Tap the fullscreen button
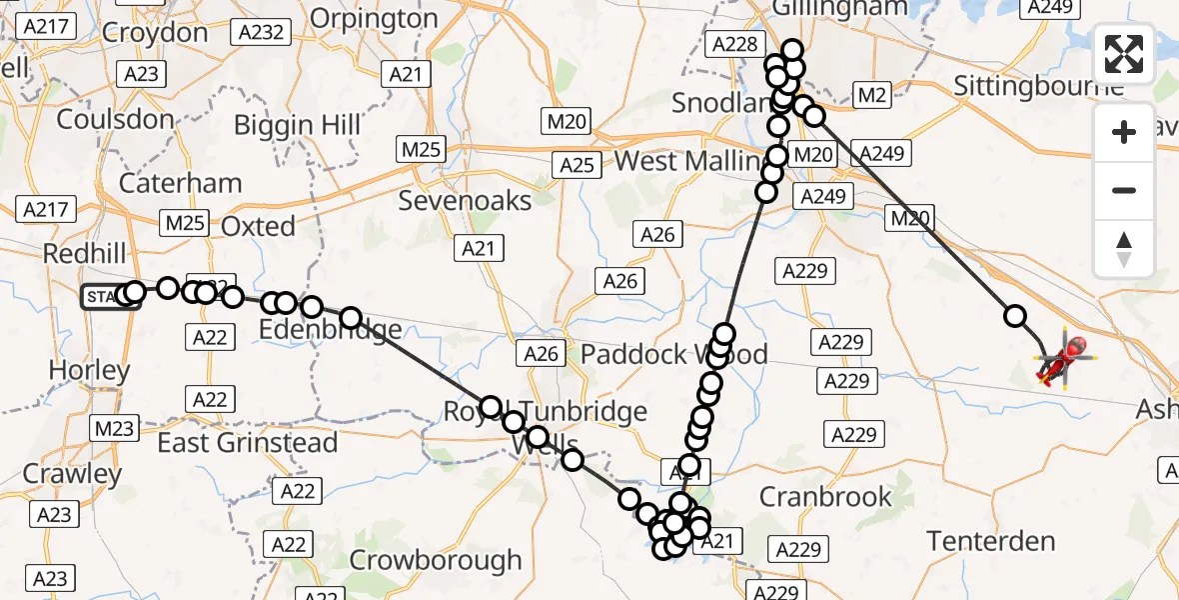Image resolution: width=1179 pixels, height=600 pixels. (x=1124, y=53)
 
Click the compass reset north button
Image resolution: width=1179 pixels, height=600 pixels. (x=1124, y=249)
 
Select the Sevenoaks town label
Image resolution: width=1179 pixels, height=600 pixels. (x=465, y=200)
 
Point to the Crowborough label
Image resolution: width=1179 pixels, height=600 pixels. (x=437, y=560)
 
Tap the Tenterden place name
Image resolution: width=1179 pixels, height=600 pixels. (x=991, y=541)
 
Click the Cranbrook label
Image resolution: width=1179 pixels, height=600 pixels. (x=825, y=497)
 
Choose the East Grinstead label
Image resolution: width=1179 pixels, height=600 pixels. (x=248, y=442)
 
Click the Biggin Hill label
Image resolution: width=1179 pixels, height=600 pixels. (x=291, y=125)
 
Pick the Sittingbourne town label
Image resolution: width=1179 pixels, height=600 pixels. (x=1039, y=84)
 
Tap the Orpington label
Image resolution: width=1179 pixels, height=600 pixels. (x=374, y=18)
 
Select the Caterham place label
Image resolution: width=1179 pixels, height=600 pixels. (x=180, y=183)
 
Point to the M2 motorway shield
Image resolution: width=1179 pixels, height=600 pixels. (x=871, y=95)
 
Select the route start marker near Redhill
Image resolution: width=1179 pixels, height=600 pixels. (x=109, y=296)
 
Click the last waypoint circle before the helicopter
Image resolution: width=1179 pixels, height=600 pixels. (x=1015, y=316)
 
